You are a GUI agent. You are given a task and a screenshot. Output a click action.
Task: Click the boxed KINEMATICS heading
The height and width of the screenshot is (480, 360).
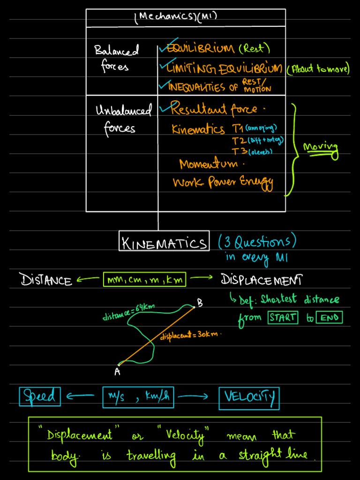(x=164, y=242)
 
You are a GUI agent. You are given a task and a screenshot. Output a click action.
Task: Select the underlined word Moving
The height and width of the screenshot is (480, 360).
(x=321, y=147)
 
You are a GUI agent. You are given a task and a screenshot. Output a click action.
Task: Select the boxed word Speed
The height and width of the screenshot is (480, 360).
(x=40, y=397)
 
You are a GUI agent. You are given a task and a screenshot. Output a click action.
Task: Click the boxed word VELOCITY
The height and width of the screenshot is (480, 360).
(x=249, y=397)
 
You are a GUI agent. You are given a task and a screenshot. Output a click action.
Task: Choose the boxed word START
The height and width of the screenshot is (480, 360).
(x=283, y=317)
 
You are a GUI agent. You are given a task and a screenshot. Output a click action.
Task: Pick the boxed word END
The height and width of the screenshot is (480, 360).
(x=329, y=318)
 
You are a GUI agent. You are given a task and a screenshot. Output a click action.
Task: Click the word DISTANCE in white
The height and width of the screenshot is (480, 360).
(x=46, y=280)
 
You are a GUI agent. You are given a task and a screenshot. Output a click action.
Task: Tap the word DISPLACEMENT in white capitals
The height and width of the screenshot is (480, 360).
(x=261, y=280)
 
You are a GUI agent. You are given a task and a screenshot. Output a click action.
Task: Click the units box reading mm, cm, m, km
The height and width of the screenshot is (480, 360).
(x=144, y=280)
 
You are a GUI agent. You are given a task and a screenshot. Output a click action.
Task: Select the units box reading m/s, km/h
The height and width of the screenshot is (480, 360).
(x=138, y=397)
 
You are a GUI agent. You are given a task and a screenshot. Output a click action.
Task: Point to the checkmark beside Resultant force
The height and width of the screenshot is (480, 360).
(x=165, y=109)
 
